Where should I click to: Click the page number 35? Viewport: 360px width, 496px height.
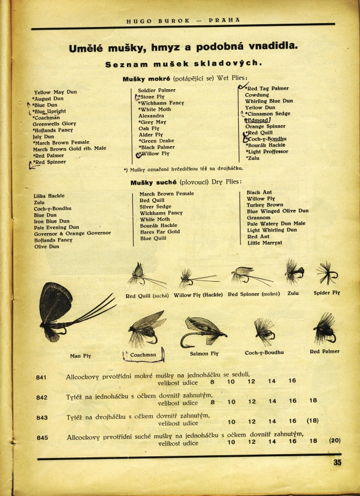[x=337, y=462]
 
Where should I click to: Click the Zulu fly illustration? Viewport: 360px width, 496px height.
[x=294, y=272]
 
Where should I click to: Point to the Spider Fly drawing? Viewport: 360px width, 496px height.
[x=326, y=273]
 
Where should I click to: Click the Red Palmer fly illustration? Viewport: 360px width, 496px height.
[x=325, y=328]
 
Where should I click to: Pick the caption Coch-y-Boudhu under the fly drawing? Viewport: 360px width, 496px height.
[x=264, y=352]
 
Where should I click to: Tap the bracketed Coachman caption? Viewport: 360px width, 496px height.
[x=143, y=355]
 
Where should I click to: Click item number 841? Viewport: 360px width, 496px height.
[x=42, y=378]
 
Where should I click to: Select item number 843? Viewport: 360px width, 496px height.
[x=42, y=418]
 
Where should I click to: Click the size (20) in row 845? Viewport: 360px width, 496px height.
[x=335, y=440]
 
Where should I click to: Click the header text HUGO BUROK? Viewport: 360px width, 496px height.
[x=158, y=20]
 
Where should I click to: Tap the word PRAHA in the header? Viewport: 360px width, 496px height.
[x=224, y=20]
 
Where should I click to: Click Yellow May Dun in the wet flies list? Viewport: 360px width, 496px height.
[x=55, y=92]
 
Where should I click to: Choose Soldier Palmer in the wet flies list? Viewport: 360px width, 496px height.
[x=157, y=90]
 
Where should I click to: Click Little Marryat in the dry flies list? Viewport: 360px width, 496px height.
[x=265, y=242]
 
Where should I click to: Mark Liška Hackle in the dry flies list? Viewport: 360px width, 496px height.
[x=49, y=196]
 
